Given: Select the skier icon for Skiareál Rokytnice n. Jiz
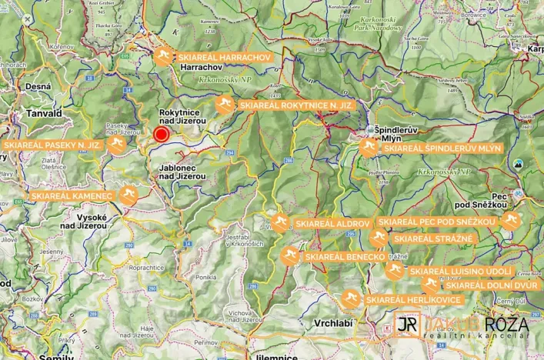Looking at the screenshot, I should [224, 105].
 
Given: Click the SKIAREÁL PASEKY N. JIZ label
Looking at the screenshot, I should [52, 145].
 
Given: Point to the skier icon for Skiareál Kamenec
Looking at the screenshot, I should [128, 196].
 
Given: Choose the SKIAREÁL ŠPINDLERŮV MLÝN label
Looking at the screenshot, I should [442, 148].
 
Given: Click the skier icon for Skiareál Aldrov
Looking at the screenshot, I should [279, 223].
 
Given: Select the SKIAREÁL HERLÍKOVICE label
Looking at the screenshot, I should [412, 299].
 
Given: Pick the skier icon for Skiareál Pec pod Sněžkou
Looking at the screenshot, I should [509, 222].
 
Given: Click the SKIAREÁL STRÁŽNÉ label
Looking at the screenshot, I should [432, 238].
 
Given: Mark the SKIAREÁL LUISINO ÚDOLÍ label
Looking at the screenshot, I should [460, 271].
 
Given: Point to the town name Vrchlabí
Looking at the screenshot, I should [332, 323].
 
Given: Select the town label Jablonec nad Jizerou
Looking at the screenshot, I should [182, 171].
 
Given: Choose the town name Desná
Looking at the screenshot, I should [37, 87].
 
